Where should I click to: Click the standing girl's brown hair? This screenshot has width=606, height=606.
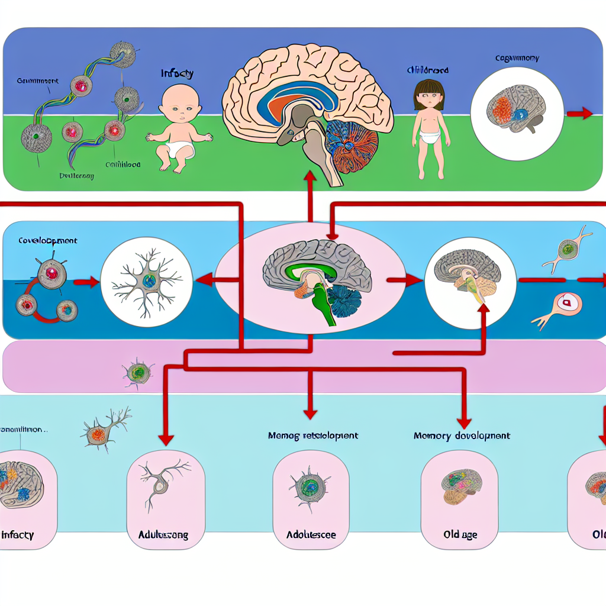pos(427,89)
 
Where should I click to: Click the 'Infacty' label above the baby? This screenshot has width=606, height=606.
pos(177,74)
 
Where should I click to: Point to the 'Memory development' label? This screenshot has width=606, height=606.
pos(461,436)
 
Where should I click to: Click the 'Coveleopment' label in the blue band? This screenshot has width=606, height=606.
pos(47,241)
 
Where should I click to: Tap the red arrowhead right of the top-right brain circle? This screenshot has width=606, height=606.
pos(586,114)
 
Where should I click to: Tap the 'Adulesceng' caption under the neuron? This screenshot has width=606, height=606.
pos(163,534)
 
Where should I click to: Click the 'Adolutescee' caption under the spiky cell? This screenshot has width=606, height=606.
pos(311,534)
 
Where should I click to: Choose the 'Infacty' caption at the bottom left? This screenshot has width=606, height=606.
pos(18,534)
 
